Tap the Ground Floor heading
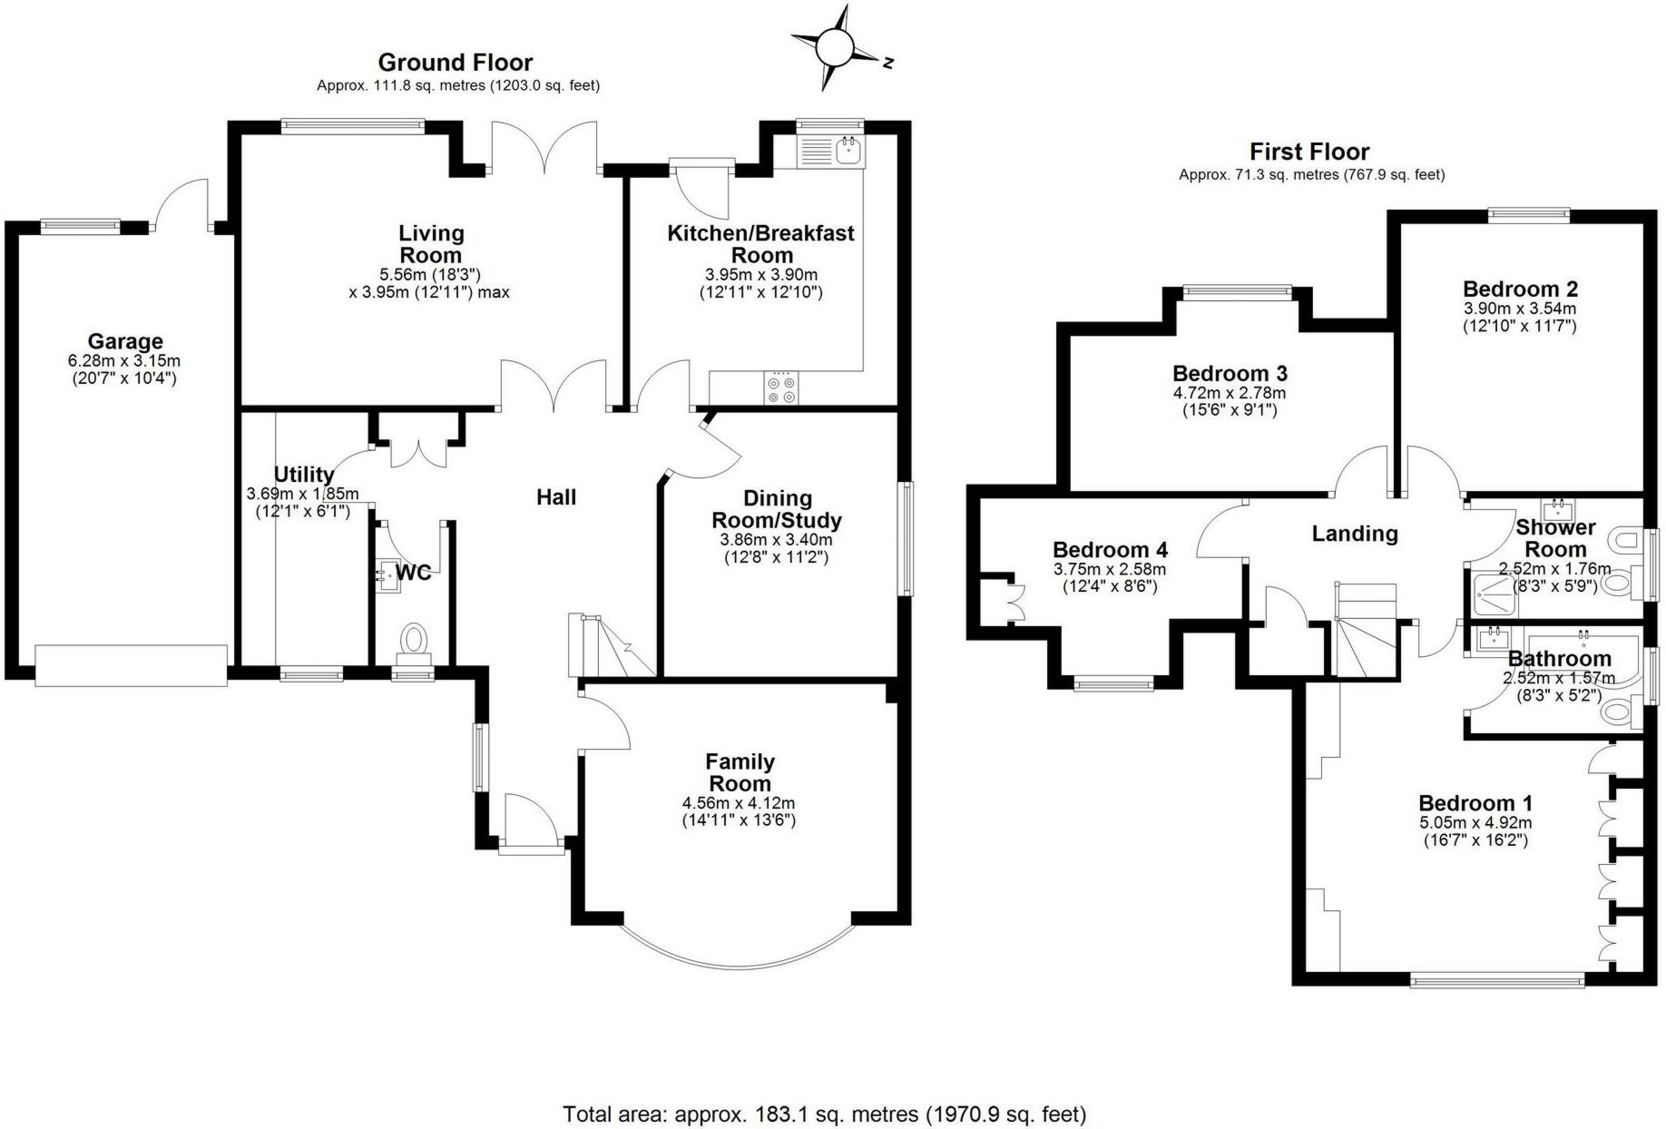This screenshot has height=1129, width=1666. click(455, 63)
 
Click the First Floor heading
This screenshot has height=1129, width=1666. click(1308, 152)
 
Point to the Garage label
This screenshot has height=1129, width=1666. click(125, 342)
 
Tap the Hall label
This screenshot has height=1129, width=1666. click(556, 497)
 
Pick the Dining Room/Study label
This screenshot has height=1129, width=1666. click(777, 509)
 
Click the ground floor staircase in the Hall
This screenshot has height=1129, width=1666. click(610, 645)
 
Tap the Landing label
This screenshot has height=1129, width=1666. click(1355, 534)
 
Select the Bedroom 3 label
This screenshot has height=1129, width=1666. click(1230, 374)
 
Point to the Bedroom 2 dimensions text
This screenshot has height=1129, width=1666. click(1520, 318)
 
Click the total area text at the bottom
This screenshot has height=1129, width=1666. click(824, 1114)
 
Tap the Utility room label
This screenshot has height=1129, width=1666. click(304, 475)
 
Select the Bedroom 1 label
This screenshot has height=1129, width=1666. click(1475, 803)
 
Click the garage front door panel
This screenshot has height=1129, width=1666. click(131, 664)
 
